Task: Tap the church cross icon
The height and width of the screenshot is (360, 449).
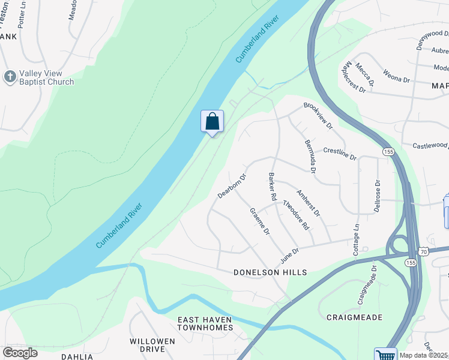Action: pos(10,76)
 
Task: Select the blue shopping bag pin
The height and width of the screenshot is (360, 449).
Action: pos(212,121)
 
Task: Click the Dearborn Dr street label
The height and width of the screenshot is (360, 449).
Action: pos(232,186)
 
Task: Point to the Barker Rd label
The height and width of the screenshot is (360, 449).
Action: pos(272,187)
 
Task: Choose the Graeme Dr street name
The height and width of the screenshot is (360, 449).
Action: pos(259,221)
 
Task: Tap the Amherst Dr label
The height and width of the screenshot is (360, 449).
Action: pos(309,203)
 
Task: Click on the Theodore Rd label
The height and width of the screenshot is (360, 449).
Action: pos(296,217)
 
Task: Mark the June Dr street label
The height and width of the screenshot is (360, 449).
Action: pos(289,256)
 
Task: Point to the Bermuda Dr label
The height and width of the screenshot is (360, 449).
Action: pos(310,157)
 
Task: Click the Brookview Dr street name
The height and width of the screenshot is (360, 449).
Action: pos(318,115)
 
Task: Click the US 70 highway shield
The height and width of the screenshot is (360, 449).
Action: pos(424,254)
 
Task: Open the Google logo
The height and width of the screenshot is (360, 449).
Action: pos(20,353)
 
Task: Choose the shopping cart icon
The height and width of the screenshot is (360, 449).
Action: pos(385,354)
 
